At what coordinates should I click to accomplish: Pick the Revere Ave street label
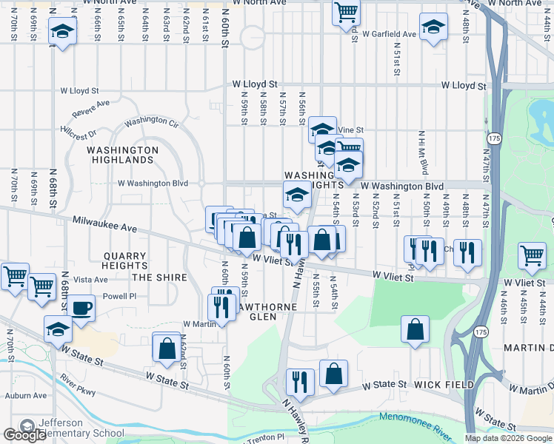pyautogui.click(x=90, y=109)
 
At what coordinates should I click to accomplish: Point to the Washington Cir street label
pyautogui.click(x=152, y=121)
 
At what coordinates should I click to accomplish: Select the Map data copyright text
pyautogui.click(x=507, y=438)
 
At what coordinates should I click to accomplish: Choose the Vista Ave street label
pyautogui.click(x=90, y=280)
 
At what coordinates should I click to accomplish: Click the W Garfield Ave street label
pyautogui.click(x=388, y=34)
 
